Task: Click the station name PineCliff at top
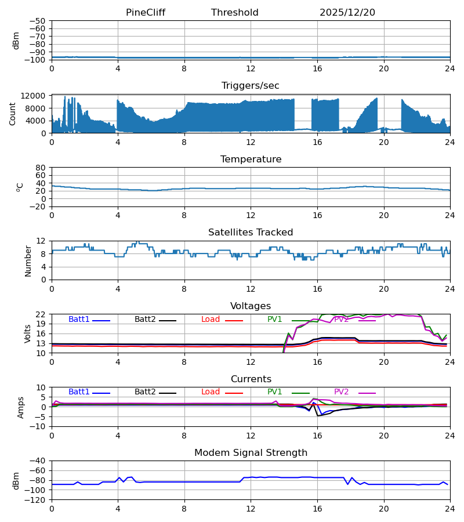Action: (145, 13)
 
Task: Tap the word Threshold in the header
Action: (234, 13)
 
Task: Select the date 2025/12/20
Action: (347, 13)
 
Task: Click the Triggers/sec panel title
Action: (250, 86)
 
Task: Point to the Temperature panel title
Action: (251, 159)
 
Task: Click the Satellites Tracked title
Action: (251, 233)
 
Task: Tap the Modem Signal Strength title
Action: (251, 453)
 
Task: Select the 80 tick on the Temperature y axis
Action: (41, 168)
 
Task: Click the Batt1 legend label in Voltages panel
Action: (79, 320)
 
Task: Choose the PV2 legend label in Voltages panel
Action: (341, 320)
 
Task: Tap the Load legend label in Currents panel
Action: (211, 392)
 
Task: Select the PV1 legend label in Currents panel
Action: (274, 392)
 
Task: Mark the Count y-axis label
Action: (13, 114)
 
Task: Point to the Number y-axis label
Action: (28, 260)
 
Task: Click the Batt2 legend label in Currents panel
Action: (145, 392)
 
